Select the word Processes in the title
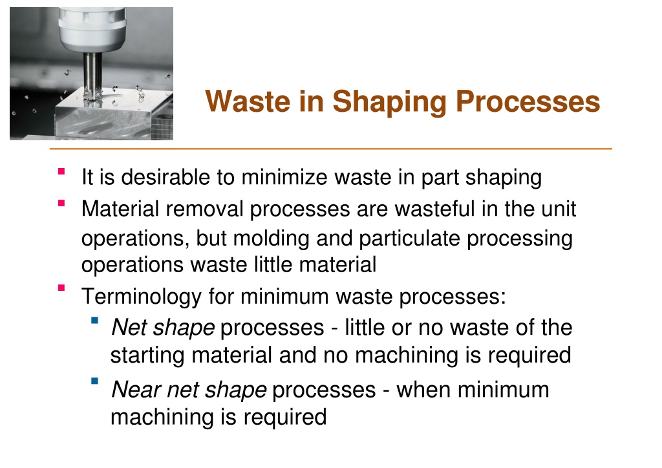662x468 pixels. point(528,101)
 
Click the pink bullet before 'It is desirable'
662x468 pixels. point(61,171)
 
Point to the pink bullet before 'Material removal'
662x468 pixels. point(61,203)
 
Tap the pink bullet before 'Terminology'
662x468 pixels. point(61,288)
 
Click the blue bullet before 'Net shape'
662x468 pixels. point(94,321)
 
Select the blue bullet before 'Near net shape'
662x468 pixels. point(94,381)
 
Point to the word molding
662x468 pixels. point(272,239)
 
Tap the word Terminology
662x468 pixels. point(142,297)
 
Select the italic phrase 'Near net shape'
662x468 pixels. point(189,390)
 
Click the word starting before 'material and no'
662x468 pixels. point(147,356)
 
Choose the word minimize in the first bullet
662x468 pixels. point(284,177)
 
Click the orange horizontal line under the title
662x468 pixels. point(330,149)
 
